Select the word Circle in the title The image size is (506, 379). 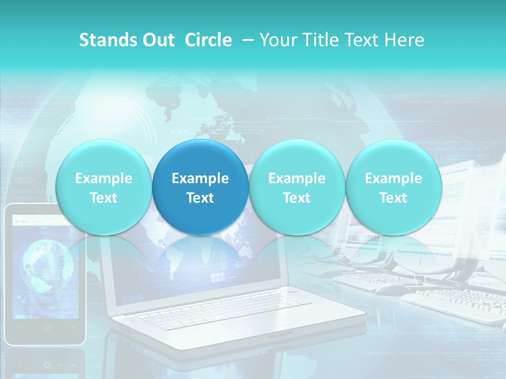pos(208,40)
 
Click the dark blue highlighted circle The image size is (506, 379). pos(200,187)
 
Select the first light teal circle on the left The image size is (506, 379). pos(103,187)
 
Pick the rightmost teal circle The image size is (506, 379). pos(393,187)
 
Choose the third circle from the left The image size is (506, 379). pos(297,187)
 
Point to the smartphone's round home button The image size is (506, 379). pos(47,327)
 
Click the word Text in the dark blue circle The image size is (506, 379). pos(200,198)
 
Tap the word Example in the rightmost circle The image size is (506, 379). pos(393,178)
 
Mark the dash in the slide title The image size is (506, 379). pos(248,40)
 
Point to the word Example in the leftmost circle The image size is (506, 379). pos(103,178)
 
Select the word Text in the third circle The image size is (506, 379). pos(297,198)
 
